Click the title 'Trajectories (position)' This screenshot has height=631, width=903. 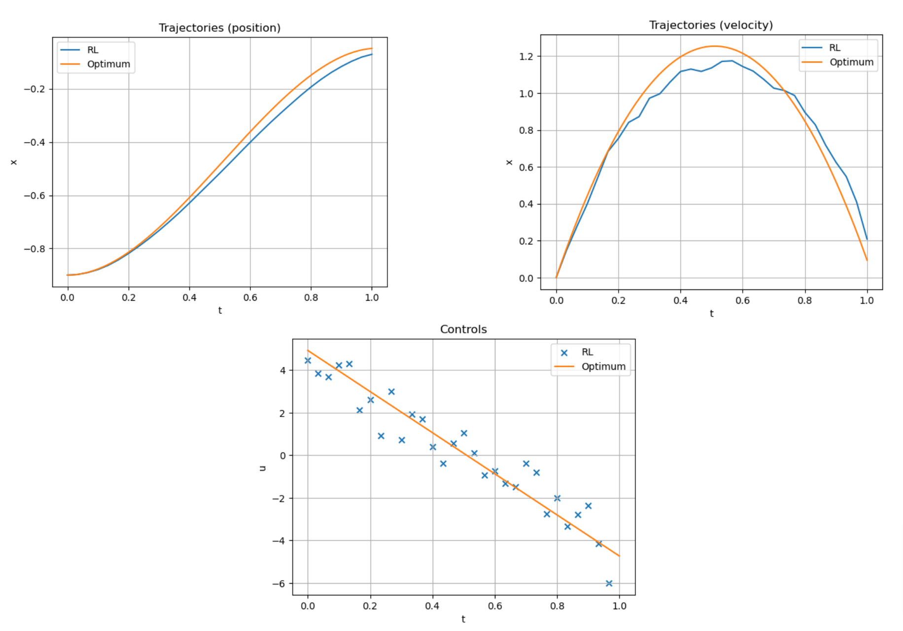[219, 28]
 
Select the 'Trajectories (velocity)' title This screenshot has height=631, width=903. [711, 25]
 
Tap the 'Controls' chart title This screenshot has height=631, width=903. [463, 329]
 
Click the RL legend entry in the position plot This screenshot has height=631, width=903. [93, 50]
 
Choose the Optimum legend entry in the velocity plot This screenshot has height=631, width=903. [851, 62]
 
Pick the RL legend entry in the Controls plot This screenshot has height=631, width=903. [587, 352]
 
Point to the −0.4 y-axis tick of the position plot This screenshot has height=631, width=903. [35, 142]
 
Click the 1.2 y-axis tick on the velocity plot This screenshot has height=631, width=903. [526, 56]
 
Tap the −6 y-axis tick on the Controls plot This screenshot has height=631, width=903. [278, 584]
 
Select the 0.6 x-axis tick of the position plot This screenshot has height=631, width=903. [250, 298]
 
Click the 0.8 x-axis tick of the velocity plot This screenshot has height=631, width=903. [805, 301]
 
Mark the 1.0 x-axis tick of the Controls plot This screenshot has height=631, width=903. [619, 606]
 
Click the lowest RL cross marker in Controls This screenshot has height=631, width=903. [609, 583]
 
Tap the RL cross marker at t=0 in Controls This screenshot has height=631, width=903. [308, 360]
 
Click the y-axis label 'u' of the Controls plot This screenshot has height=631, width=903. [263, 468]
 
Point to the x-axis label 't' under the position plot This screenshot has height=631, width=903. [220, 311]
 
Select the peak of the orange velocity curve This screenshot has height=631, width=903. [714, 46]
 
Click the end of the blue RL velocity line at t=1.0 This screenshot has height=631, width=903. [867, 239]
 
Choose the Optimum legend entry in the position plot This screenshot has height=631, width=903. [108, 64]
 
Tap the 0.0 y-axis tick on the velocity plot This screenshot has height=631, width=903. [526, 278]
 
